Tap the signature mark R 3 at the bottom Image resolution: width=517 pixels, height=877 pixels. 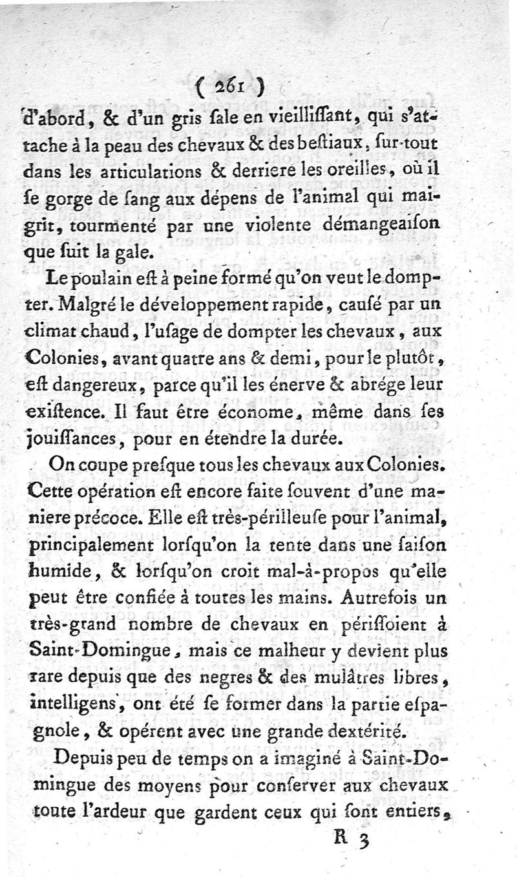click(x=352, y=841)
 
